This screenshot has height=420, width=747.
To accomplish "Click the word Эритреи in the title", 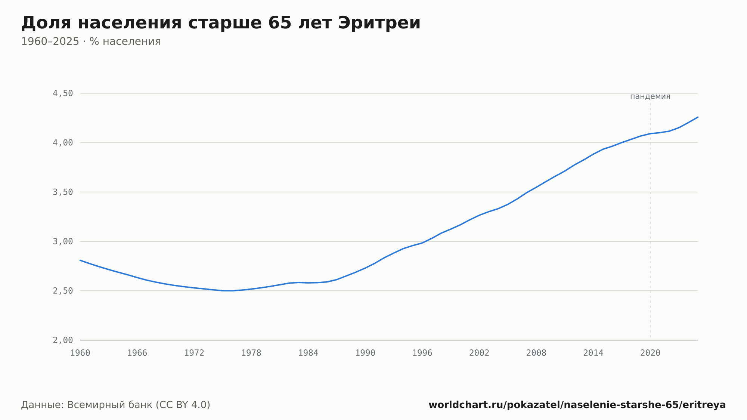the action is [x=379, y=23].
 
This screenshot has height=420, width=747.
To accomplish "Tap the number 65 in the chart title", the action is [x=280, y=23].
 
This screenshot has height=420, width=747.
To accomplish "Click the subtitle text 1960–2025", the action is [x=50, y=41].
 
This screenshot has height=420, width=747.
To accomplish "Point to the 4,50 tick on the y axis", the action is [x=63, y=93].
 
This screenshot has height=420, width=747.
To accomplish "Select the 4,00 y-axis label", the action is [x=63, y=143].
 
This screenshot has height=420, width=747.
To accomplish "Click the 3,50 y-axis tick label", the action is [x=63, y=192].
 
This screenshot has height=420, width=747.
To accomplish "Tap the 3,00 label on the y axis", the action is [x=63, y=241].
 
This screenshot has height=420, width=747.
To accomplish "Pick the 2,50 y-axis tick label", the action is [x=63, y=291].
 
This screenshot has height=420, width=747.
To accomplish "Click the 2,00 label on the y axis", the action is [x=63, y=340].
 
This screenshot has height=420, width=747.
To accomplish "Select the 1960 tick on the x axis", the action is [x=80, y=353].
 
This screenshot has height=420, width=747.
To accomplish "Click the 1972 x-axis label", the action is [x=194, y=353].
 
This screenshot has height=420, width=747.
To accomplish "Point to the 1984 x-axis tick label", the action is [x=308, y=353].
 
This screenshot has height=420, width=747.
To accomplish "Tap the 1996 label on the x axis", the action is [x=422, y=353].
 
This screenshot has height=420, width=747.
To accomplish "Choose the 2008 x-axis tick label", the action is [x=536, y=353].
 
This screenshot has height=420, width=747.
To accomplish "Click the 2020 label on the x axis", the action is [x=650, y=353].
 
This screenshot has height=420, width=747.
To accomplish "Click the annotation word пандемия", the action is [x=650, y=96].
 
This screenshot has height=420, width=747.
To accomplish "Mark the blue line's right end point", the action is [x=698, y=117].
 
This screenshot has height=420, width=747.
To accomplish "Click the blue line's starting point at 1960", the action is [x=80, y=260].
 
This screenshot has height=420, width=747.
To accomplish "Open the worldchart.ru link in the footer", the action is [x=577, y=405].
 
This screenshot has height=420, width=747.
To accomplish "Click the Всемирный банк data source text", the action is [x=109, y=405].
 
